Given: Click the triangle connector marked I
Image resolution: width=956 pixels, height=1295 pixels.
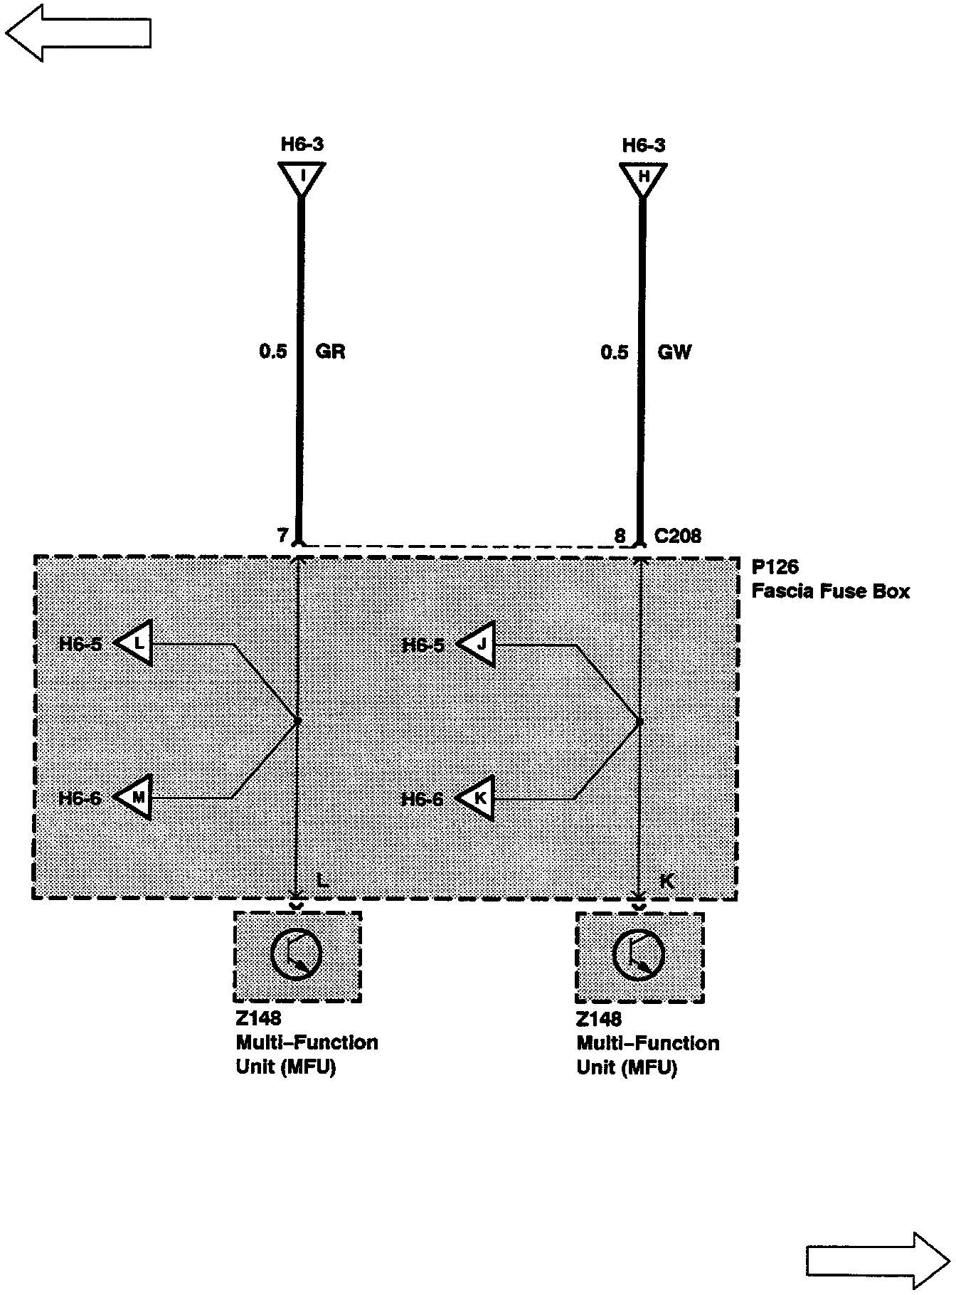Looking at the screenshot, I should point(302,176).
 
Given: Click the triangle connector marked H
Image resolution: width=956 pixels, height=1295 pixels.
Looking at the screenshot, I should point(643,176).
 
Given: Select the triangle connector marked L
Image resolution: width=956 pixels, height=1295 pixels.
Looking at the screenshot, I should point(137,643).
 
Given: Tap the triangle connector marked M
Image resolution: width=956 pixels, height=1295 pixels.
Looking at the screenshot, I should point(136,797).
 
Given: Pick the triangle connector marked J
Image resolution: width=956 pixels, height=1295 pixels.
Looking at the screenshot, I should point(479,645).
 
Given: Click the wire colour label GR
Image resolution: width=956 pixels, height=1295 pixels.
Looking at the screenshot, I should point(330,351).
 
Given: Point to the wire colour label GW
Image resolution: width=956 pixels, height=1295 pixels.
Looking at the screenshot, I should point(674,351).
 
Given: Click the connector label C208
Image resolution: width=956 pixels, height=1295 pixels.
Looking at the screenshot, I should point(677,536).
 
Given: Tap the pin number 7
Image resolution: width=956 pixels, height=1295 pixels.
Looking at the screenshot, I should point(282,535).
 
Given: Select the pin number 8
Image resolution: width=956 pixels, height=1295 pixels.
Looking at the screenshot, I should point(620,536).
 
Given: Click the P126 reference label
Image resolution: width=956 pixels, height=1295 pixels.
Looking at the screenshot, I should point(775,567).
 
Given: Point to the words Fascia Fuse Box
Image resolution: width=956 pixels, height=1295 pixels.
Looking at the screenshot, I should point(831,591).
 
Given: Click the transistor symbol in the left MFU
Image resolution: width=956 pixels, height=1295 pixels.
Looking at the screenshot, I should point(297,955).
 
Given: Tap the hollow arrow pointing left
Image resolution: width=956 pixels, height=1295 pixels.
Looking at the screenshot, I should point(78,32).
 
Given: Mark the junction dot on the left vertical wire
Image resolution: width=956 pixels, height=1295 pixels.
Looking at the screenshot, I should point(298,721).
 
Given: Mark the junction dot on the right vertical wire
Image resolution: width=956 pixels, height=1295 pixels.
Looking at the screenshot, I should point(639,722).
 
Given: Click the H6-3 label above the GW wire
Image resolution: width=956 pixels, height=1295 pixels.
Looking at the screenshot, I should point(643,145).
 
